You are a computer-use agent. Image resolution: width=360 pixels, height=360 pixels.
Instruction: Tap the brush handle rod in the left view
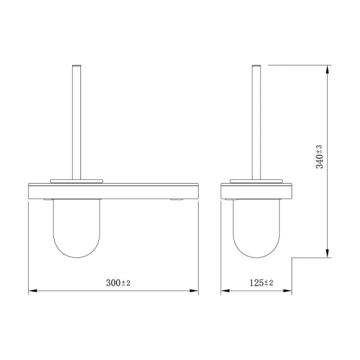click(x=76, y=120)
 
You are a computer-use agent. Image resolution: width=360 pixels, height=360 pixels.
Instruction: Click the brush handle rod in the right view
click(x=256, y=120)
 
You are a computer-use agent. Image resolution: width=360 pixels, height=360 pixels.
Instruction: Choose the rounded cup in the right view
click(x=256, y=228)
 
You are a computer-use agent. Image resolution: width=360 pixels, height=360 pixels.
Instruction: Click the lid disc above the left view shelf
click(x=76, y=178)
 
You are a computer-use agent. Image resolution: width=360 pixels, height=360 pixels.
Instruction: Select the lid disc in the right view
click(x=256, y=178)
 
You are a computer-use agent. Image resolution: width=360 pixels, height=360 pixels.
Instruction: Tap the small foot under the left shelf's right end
click(x=177, y=200)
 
